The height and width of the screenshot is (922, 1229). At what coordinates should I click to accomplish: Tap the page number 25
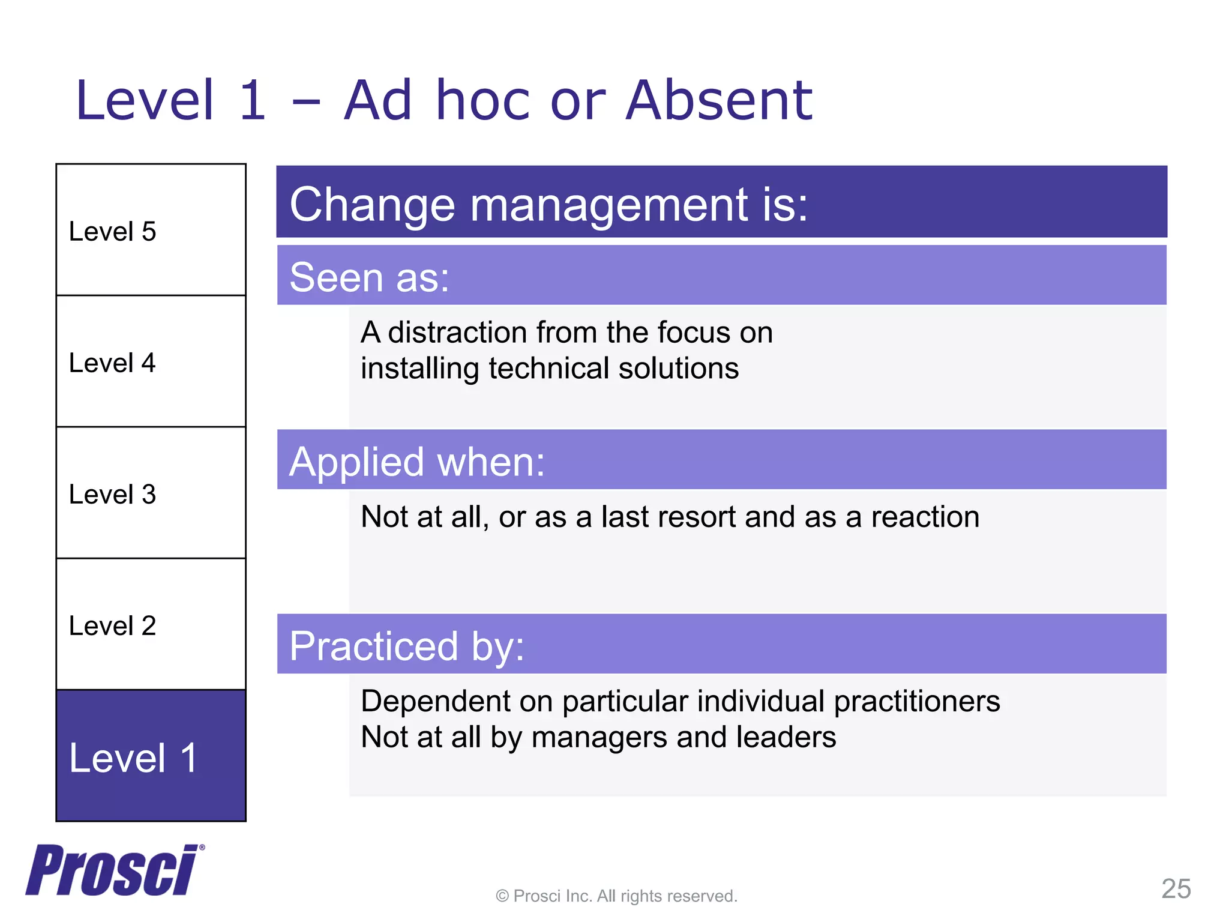[1176, 888]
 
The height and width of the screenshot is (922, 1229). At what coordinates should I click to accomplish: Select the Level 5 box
[151, 230]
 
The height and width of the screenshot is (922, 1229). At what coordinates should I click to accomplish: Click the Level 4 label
[112, 363]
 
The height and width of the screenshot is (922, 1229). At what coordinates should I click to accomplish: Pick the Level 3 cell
[151, 493]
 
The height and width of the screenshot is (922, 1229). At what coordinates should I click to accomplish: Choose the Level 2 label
[112, 625]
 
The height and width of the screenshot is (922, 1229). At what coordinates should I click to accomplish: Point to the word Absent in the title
[718, 100]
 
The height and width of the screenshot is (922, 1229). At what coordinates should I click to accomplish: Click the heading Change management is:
[548, 204]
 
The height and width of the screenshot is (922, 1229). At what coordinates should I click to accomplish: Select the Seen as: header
[369, 277]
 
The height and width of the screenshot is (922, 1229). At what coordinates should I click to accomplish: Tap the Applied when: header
[417, 462]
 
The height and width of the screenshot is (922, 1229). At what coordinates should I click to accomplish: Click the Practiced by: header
[407, 646]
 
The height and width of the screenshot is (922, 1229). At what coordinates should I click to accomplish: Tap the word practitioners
[916, 701]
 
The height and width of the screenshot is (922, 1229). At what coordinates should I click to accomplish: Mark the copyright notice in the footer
[616, 896]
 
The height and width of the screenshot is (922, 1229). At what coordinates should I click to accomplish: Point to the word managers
[599, 737]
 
